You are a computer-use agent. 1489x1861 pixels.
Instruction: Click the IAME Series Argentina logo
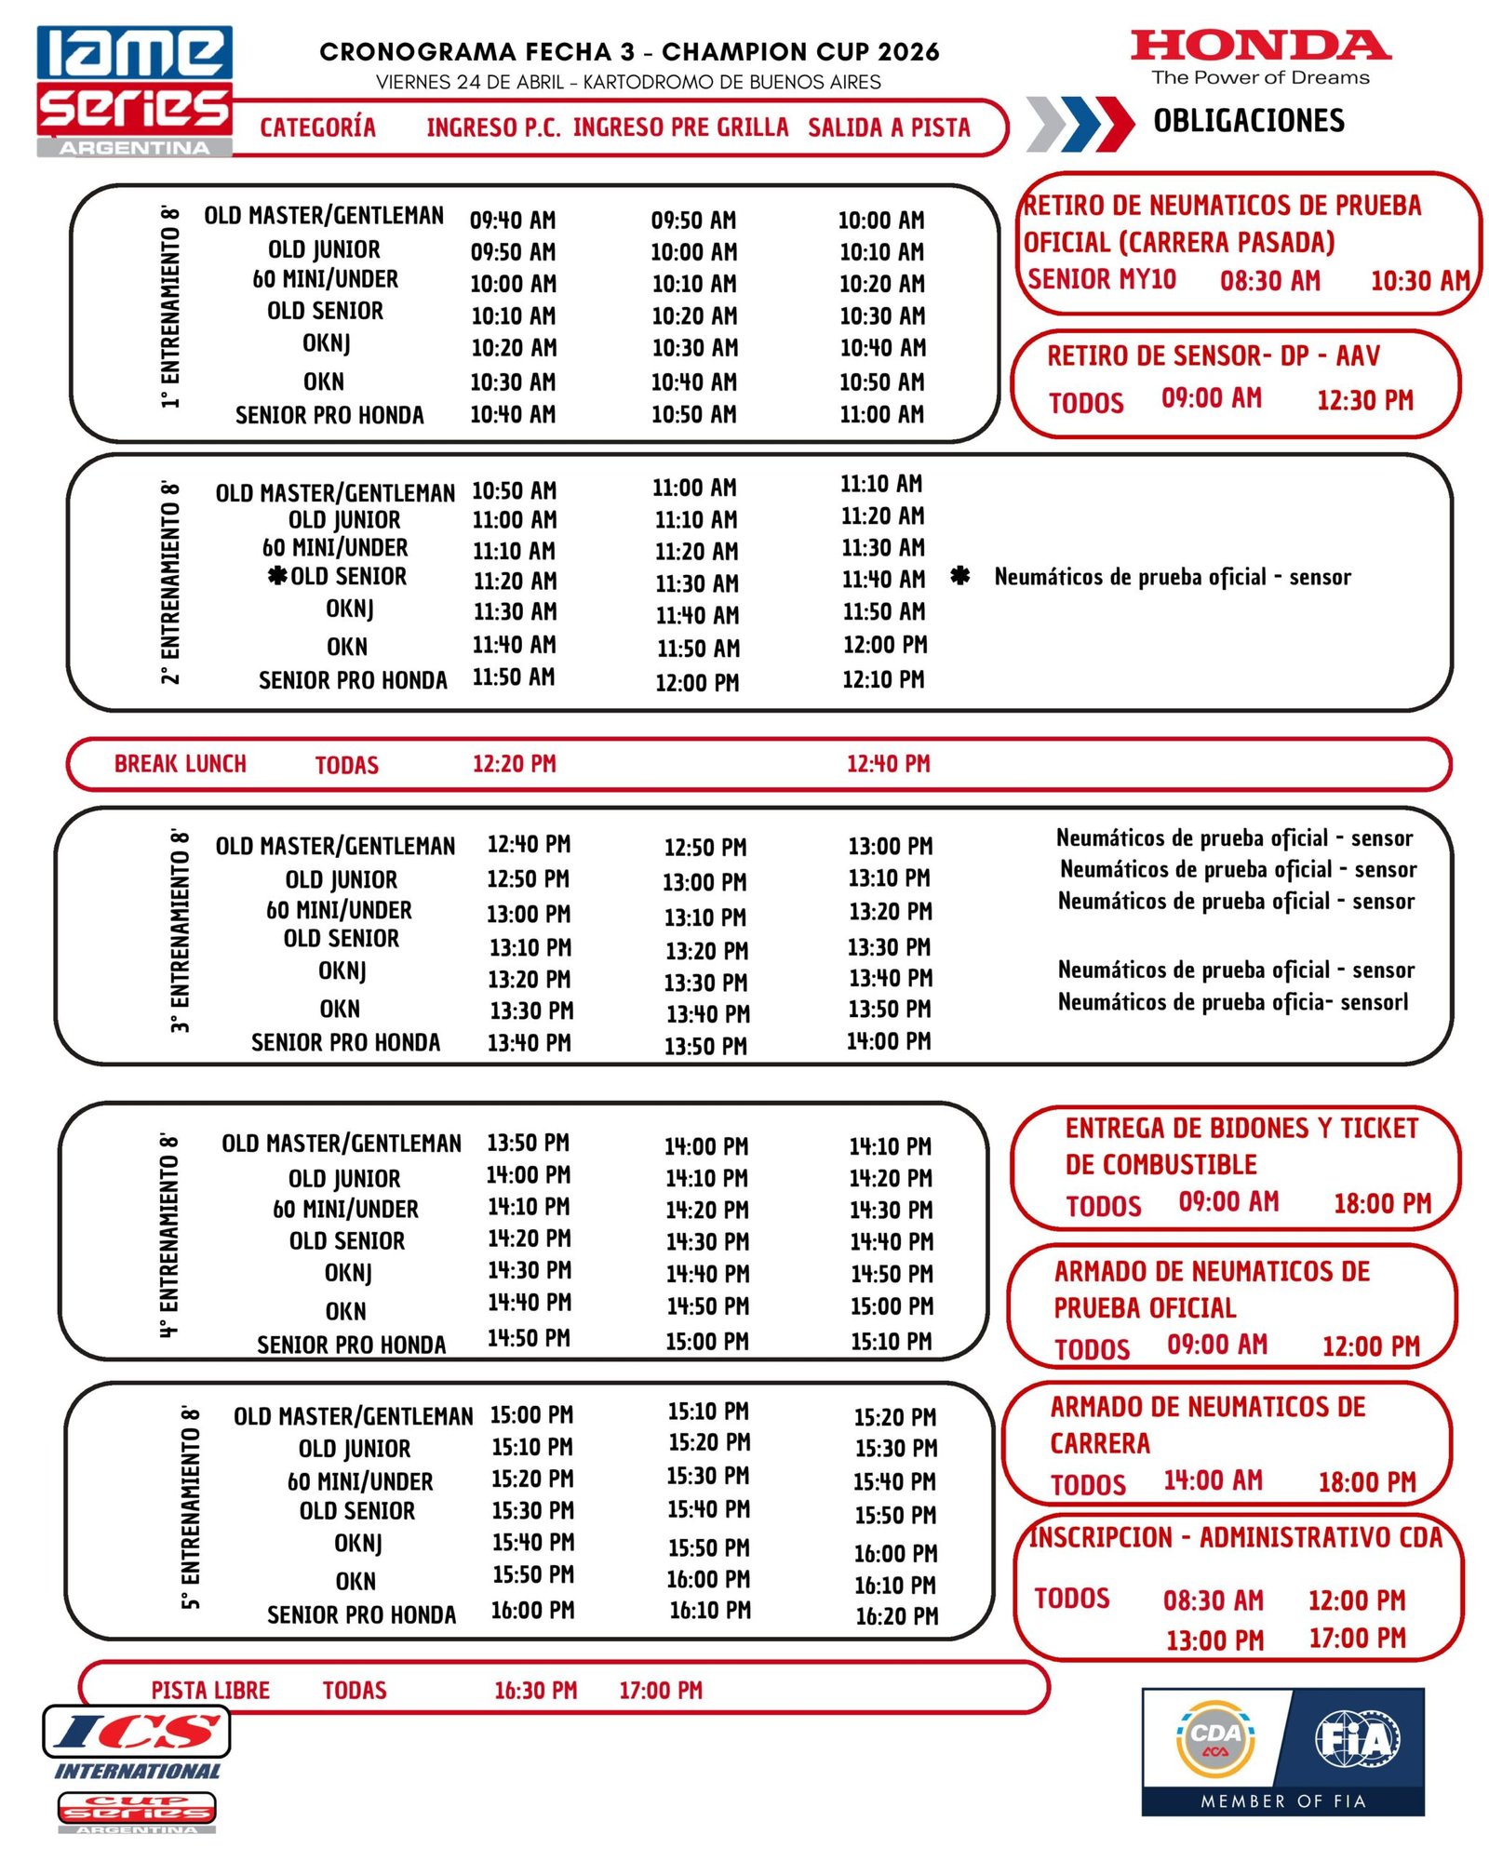134,90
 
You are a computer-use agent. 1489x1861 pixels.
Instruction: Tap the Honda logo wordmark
1260,46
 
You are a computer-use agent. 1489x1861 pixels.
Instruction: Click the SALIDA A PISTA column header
889,127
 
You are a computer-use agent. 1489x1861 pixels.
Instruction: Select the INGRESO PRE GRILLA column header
680,127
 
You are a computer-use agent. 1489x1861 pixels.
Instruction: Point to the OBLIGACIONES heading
1249,121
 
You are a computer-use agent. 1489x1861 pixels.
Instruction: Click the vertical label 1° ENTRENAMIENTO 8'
169,308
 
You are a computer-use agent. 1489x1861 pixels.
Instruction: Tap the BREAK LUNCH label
181,764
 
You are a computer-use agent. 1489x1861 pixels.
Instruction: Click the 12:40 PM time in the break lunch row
888,764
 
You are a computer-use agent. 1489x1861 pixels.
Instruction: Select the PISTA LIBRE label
210,1690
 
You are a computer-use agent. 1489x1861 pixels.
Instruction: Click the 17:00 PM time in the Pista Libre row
661,1690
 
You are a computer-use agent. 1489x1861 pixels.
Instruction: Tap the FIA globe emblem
1357,1738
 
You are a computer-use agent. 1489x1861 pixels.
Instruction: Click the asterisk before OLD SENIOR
277,576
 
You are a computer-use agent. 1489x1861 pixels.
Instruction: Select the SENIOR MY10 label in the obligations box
1102,279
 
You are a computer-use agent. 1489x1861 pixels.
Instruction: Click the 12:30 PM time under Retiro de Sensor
1364,400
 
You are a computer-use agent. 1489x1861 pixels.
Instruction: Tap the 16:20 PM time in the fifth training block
896,1616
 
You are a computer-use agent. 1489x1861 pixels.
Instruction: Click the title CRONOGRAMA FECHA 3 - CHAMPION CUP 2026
629,52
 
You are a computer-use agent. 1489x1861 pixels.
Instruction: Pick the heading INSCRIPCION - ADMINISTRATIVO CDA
1235,1538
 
